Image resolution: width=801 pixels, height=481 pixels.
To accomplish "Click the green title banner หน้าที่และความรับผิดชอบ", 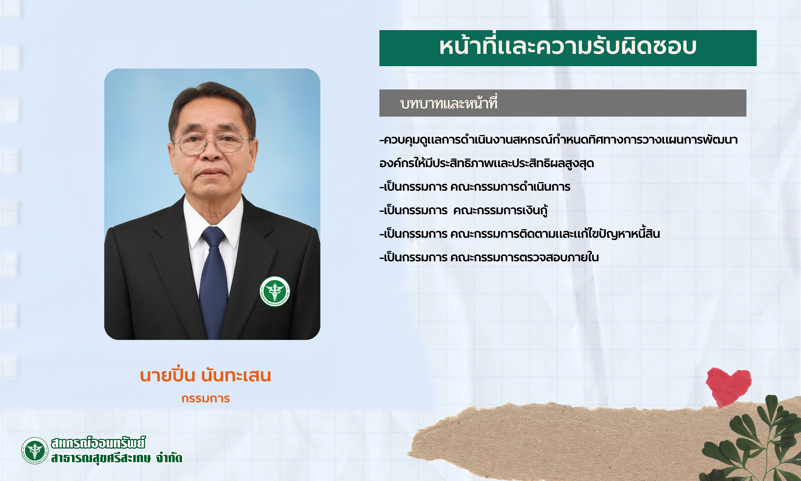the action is (568, 48).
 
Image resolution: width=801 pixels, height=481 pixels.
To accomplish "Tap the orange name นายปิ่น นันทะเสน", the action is (206, 375).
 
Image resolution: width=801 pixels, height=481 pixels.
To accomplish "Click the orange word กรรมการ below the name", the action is (206, 398).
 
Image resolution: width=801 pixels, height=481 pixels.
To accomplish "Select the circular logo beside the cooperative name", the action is (35, 450).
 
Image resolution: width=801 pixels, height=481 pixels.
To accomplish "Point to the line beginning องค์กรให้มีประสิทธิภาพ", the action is (487, 163).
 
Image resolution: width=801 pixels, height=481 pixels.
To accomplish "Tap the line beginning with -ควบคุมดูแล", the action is (559, 140).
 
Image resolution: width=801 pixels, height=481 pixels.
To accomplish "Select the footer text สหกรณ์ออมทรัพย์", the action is (98, 443).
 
